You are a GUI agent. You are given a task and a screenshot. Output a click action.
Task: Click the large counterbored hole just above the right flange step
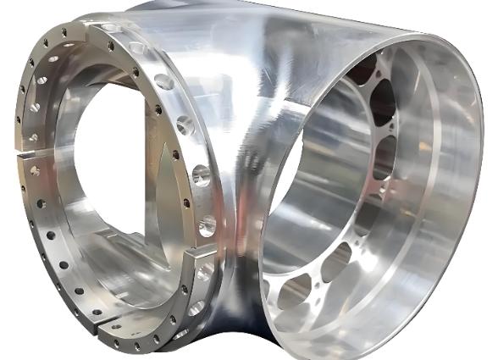coord(207,226)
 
